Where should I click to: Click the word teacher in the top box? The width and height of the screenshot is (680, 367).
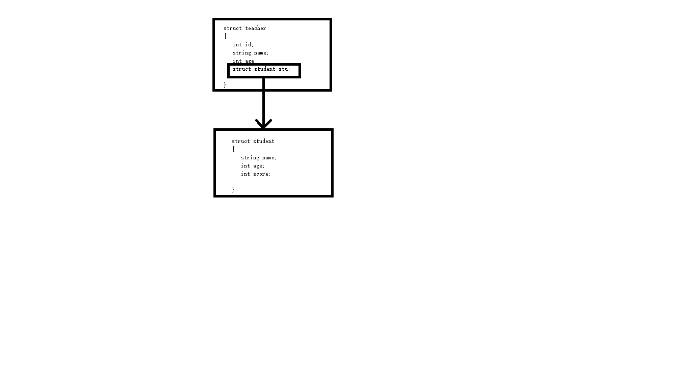point(255,28)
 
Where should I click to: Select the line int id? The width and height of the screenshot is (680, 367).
point(243,45)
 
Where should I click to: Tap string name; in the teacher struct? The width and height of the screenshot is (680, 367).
point(251,53)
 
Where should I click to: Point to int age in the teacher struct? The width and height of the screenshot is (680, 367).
point(243,61)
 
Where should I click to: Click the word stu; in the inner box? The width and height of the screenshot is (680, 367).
point(284,69)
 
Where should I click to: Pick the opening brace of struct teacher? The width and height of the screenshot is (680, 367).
point(225,36)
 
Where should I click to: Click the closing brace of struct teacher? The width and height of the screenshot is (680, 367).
point(225,84)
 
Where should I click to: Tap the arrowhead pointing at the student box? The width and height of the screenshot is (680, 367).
point(263,124)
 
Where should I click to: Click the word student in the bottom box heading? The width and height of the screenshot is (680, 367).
point(263,142)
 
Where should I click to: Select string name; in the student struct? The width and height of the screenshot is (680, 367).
point(259,158)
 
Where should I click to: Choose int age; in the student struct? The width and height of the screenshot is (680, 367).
point(253,166)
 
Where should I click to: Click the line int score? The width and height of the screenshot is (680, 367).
point(256,174)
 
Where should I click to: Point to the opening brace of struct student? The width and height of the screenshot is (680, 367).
point(233,149)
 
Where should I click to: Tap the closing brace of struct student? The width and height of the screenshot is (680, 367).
point(233,189)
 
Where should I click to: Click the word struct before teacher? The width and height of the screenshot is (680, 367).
point(233,28)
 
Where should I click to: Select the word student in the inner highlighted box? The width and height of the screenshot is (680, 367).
point(265,69)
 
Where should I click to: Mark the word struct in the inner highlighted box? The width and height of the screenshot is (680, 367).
point(241,69)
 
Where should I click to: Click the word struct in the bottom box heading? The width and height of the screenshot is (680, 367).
point(241,142)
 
